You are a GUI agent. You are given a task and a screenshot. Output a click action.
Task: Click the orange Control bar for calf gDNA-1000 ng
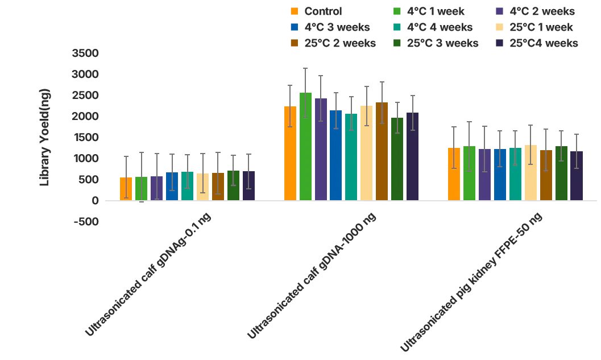point(290,154)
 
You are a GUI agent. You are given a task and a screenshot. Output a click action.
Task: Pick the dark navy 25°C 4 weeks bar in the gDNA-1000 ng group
point(412,156)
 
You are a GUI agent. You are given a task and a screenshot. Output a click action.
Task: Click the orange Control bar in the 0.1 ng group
point(126,189)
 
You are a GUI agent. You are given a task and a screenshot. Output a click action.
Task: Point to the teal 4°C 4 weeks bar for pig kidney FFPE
point(515,174)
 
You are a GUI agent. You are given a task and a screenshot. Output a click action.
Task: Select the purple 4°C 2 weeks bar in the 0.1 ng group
point(156,188)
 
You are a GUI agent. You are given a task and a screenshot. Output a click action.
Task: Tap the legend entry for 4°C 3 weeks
point(330,27)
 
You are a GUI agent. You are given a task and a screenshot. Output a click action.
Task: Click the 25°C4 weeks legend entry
point(537,43)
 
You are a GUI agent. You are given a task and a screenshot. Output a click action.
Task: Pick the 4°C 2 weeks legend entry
point(535,11)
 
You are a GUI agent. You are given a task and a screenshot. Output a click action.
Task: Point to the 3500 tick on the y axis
point(85,53)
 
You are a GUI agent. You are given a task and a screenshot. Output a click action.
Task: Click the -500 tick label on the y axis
point(86,222)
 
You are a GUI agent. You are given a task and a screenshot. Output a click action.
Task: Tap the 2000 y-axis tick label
point(85,117)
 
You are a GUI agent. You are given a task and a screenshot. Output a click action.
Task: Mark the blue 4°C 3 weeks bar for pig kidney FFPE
point(500,175)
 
